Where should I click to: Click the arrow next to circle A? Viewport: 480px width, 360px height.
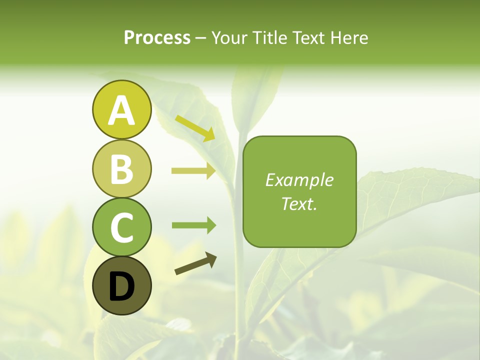coord(195,128)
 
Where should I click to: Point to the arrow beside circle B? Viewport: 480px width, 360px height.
coord(193,171)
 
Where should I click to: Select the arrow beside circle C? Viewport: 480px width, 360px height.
coord(193,225)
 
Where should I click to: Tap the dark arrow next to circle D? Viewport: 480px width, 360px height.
coord(195,263)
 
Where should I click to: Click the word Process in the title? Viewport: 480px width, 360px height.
coord(157,38)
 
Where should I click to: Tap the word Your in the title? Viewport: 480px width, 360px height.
coord(227,38)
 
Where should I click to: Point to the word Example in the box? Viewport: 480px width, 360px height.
coord(299,180)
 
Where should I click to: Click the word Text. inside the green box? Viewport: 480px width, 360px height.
coord(299,203)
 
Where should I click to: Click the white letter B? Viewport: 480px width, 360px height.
coord(121,169)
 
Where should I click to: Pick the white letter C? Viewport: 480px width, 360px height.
coord(121,227)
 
